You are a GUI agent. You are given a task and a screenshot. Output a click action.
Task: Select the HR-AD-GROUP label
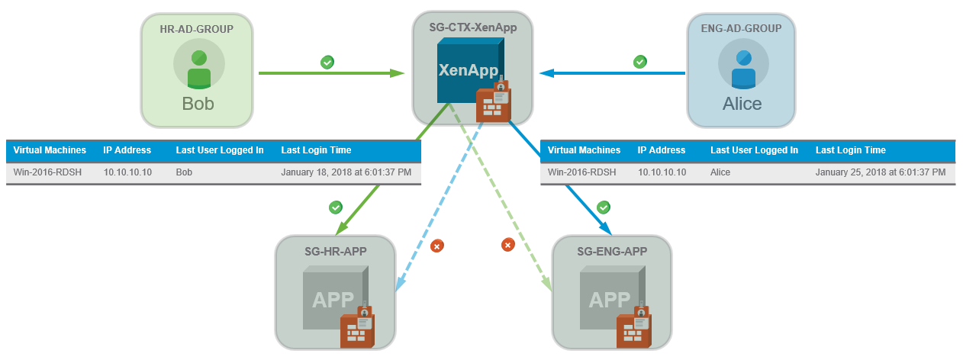[x=196, y=29]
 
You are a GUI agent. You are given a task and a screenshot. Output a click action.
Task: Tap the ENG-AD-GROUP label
[x=740, y=29]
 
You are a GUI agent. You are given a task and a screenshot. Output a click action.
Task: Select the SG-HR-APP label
[x=335, y=251]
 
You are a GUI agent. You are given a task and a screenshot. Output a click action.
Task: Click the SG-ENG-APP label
[x=612, y=251]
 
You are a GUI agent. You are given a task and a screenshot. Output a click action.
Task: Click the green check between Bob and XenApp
[x=327, y=62]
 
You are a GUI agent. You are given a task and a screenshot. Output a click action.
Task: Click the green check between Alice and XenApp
[x=640, y=62]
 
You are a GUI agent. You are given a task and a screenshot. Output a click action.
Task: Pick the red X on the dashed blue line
[x=436, y=246]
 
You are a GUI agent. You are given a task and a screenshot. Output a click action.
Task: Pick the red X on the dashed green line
[x=507, y=245]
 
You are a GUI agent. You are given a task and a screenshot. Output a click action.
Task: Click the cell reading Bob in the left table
[x=185, y=172]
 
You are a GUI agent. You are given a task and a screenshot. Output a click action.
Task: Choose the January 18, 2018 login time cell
[x=346, y=172]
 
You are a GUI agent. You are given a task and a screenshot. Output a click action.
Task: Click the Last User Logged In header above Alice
[x=754, y=150]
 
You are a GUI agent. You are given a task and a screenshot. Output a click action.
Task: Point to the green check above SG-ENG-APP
[x=603, y=207]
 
